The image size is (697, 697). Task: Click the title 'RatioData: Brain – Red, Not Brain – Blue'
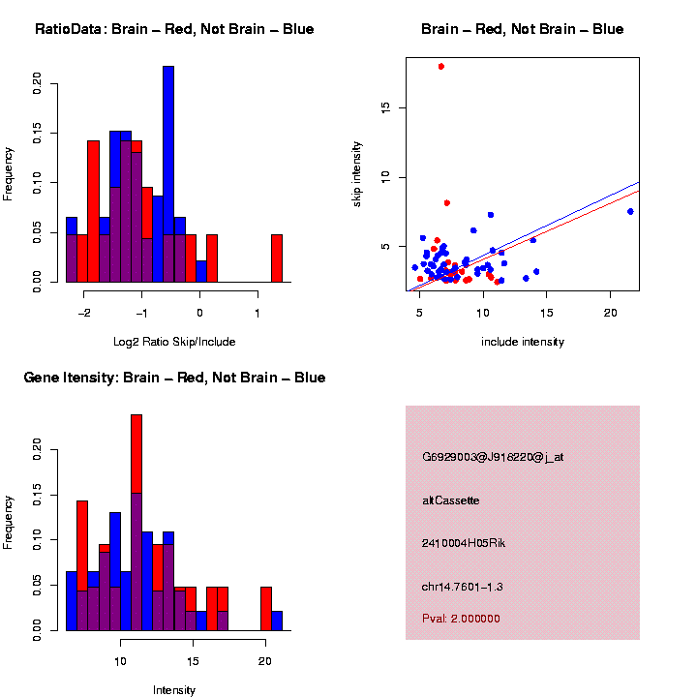pyautogui.click(x=174, y=29)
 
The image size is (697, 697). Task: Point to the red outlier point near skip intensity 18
pyautogui.click(x=441, y=67)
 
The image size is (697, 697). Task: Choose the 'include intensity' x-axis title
pyautogui.click(x=523, y=342)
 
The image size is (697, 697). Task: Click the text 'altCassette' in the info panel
pyautogui.click(x=451, y=500)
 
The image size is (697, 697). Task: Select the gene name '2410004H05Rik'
pyautogui.click(x=464, y=543)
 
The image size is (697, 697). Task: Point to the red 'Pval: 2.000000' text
pyautogui.click(x=461, y=619)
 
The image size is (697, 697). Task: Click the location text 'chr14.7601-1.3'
pyautogui.click(x=463, y=587)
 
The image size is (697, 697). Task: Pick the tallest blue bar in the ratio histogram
pyautogui.click(x=168, y=174)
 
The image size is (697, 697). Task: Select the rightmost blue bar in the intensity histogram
pyautogui.click(x=277, y=621)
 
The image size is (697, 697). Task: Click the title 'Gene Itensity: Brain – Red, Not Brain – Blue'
pyautogui.click(x=174, y=378)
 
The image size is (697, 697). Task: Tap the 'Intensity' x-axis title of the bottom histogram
pyautogui.click(x=174, y=690)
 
